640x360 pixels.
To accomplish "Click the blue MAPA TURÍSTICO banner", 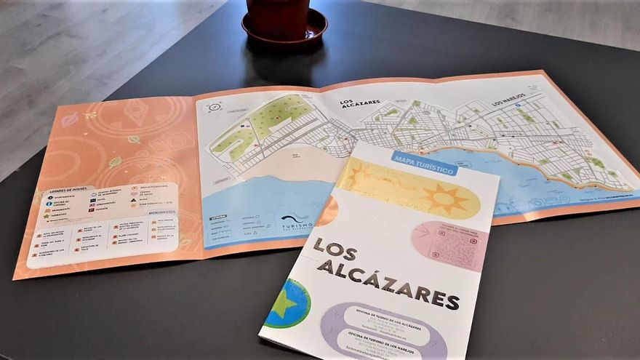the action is (x=424, y=163).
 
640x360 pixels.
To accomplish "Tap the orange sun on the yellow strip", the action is (x=443, y=198).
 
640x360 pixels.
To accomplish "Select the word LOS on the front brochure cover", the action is (x=335, y=251).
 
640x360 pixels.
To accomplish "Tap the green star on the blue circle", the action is (x=285, y=304).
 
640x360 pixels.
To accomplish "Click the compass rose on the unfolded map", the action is (x=214, y=108).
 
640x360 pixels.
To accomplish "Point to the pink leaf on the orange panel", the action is (x=70, y=120).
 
